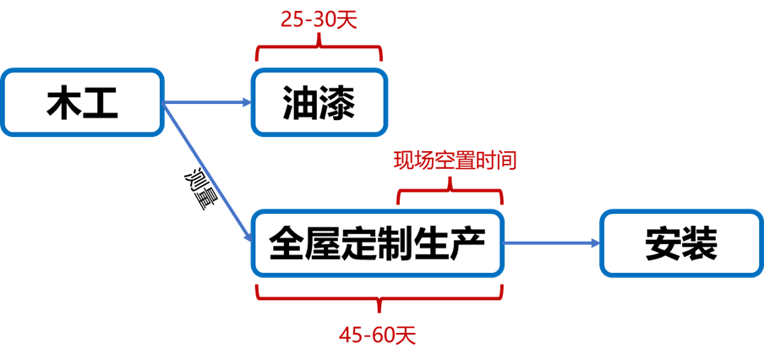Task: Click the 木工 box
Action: pyautogui.click(x=82, y=102)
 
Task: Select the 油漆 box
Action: pyautogui.click(x=318, y=102)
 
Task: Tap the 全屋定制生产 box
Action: pyautogui.click(x=377, y=243)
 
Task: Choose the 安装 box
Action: pyautogui.click(x=681, y=243)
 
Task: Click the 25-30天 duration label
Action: pyautogui.click(x=319, y=19)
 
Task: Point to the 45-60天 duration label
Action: pyautogui.click(x=378, y=335)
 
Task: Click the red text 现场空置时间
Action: pyautogui.click(x=454, y=161)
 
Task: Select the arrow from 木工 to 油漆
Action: pyautogui.click(x=207, y=103)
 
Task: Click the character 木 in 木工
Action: pyautogui.click(x=63, y=103)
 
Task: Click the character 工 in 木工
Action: pyautogui.click(x=101, y=103)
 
